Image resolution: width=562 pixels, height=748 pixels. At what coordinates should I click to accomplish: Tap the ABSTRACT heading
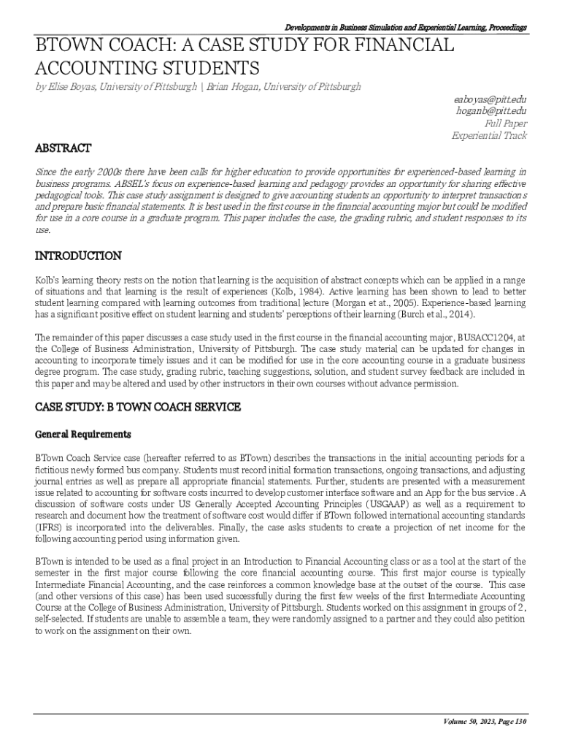pyautogui.click(x=63, y=148)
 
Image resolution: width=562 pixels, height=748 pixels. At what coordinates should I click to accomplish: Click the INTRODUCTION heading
pyautogui.click(x=79, y=256)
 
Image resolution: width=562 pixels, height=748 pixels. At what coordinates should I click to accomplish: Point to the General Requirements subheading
pyautogui.click(x=83, y=434)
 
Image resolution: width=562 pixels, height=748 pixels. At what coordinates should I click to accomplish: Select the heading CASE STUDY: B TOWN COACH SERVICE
pyautogui.click(x=138, y=407)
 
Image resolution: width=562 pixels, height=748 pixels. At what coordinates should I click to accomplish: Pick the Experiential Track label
pyautogui.click(x=489, y=136)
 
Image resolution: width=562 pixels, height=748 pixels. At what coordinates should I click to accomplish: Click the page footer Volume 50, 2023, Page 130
pyautogui.click(x=485, y=722)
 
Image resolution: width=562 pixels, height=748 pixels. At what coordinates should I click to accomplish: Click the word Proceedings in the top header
pyautogui.click(x=503, y=28)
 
